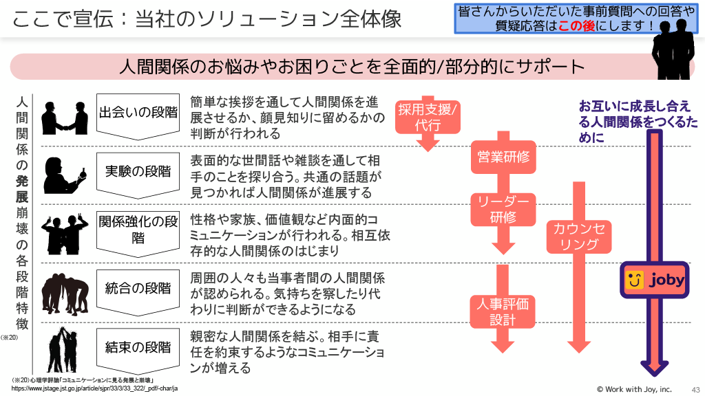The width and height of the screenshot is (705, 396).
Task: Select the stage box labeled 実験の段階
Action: click(x=138, y=172)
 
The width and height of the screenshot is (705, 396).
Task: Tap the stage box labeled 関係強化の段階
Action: click(x=138, y=230)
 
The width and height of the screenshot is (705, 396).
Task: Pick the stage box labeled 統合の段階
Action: click(x=138, y=289)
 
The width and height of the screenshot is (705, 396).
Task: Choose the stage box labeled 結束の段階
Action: click(x=138, y=348)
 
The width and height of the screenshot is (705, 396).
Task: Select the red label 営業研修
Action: click(x=503, y=157)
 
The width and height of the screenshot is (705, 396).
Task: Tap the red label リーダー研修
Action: click(x=503, y=209)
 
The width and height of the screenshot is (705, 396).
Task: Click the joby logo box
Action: click(x=654, y=280)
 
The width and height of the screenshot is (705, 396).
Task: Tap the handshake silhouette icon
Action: click(x=65, y=118)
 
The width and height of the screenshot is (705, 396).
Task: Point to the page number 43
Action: click(x=695, y=388)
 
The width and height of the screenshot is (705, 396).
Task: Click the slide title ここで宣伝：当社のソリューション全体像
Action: click(x=207, y=19)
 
